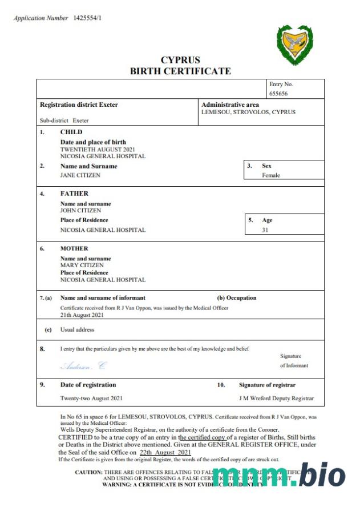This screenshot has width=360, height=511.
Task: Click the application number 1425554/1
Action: (87, 18)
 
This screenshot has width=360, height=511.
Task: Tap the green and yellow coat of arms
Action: (294, 45)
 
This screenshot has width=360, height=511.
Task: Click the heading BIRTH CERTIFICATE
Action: (180, 71)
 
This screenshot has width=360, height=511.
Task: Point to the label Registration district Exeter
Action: (79, 105)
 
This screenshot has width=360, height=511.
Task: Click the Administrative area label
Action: (230, 104)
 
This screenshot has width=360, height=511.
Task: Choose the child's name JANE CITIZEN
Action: (80, 175)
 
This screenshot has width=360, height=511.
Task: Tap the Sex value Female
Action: (271, 175)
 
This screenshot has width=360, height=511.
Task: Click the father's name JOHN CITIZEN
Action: (80, 210)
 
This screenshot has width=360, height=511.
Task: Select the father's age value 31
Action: (265, 230)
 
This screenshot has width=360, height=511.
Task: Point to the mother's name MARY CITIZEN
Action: (82, 265)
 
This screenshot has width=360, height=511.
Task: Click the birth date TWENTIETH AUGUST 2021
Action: (99, 148)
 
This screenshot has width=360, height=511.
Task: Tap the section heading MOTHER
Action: (74, 248)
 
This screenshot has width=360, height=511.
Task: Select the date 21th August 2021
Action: (82, 315)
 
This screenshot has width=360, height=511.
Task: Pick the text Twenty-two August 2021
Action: (91, 398)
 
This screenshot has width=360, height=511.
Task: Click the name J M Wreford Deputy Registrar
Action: (276, 398)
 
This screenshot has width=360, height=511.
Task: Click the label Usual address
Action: (77, 329)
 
